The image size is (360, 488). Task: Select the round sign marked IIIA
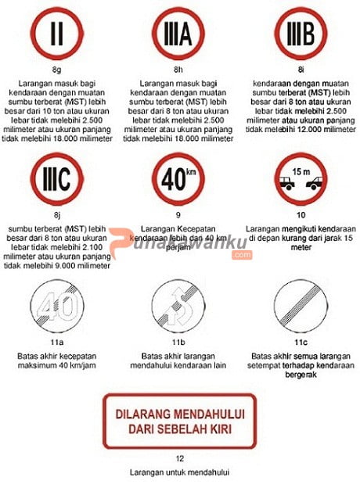178,34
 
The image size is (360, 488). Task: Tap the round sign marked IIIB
301,34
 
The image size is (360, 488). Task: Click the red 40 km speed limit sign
178,179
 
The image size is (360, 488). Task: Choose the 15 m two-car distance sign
301,179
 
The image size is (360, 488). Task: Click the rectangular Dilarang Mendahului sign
180,421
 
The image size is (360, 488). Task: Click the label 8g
56,70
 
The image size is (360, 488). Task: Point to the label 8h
178,70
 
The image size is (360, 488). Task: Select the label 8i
301,70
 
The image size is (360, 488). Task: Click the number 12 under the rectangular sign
180,459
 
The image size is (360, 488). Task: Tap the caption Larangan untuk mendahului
180,473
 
